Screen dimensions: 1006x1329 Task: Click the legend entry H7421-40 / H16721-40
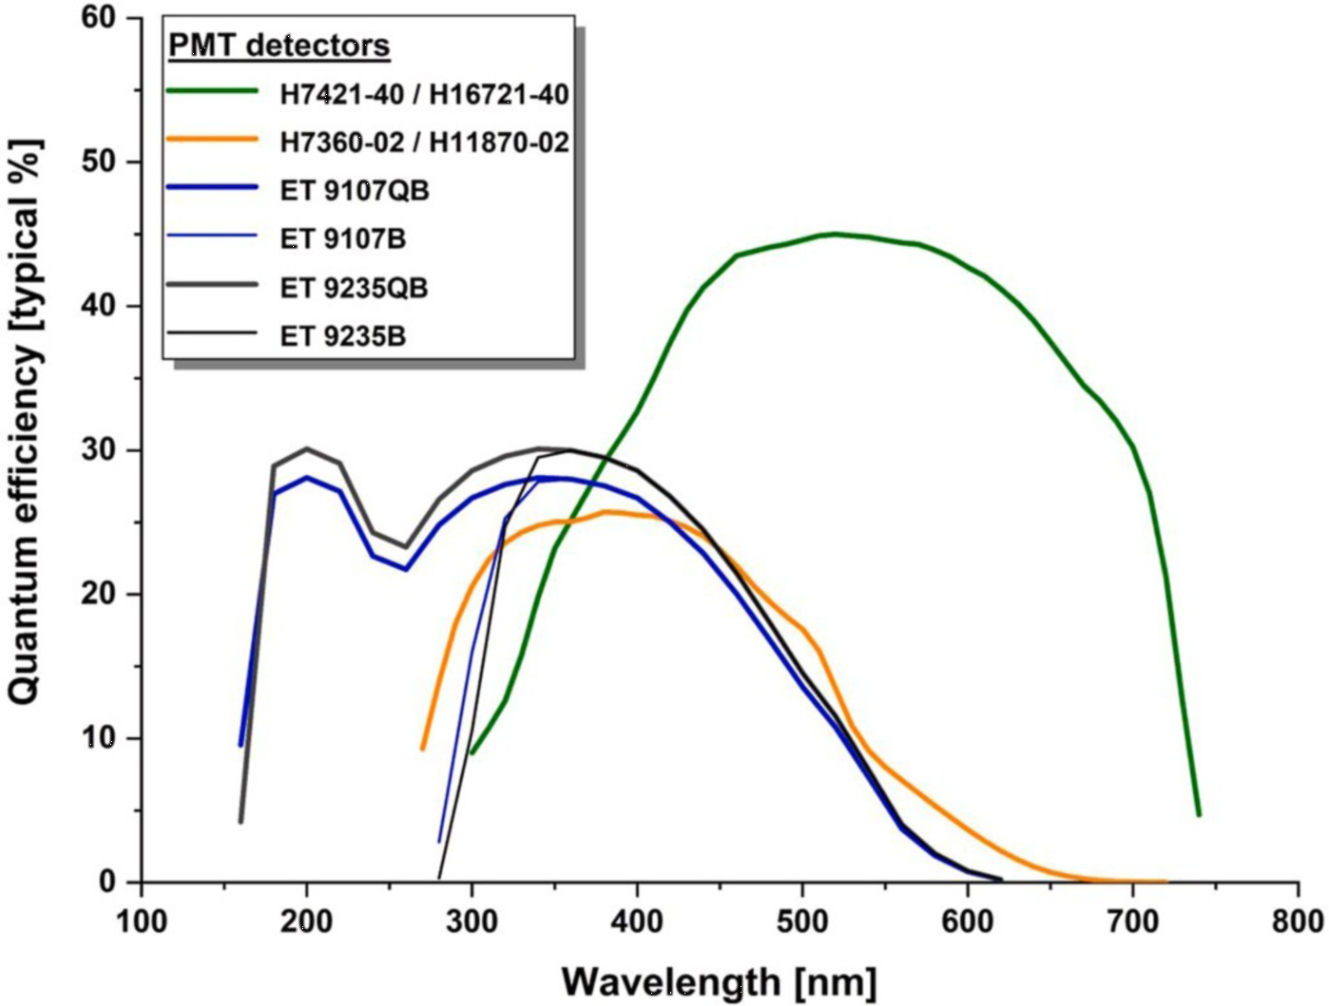tap(424, 94)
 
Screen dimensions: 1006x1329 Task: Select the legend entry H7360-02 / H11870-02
tap(424, 142)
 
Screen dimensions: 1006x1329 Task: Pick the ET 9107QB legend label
tap(355, 191)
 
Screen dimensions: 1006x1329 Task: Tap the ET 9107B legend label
tap(343, 238)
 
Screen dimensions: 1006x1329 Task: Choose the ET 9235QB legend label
tap(354, 288)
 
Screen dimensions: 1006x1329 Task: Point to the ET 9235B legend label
tap(343, 335)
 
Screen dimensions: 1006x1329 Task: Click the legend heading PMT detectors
tap(279, 46)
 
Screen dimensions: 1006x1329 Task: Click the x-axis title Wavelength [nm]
tap(719, 981)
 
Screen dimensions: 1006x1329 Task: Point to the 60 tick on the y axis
tap(106, 18)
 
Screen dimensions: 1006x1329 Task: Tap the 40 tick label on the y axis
tap(106, 306)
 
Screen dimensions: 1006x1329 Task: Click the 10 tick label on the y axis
tap(106, 738)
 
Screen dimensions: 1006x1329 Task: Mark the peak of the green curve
tap(836, 234)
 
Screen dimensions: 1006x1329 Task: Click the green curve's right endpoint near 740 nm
tap(1199, 814)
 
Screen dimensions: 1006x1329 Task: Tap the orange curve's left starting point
tap(423, 749)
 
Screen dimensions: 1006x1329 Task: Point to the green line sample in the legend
tap(212, 92)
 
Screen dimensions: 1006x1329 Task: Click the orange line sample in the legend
tap(212, 141)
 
